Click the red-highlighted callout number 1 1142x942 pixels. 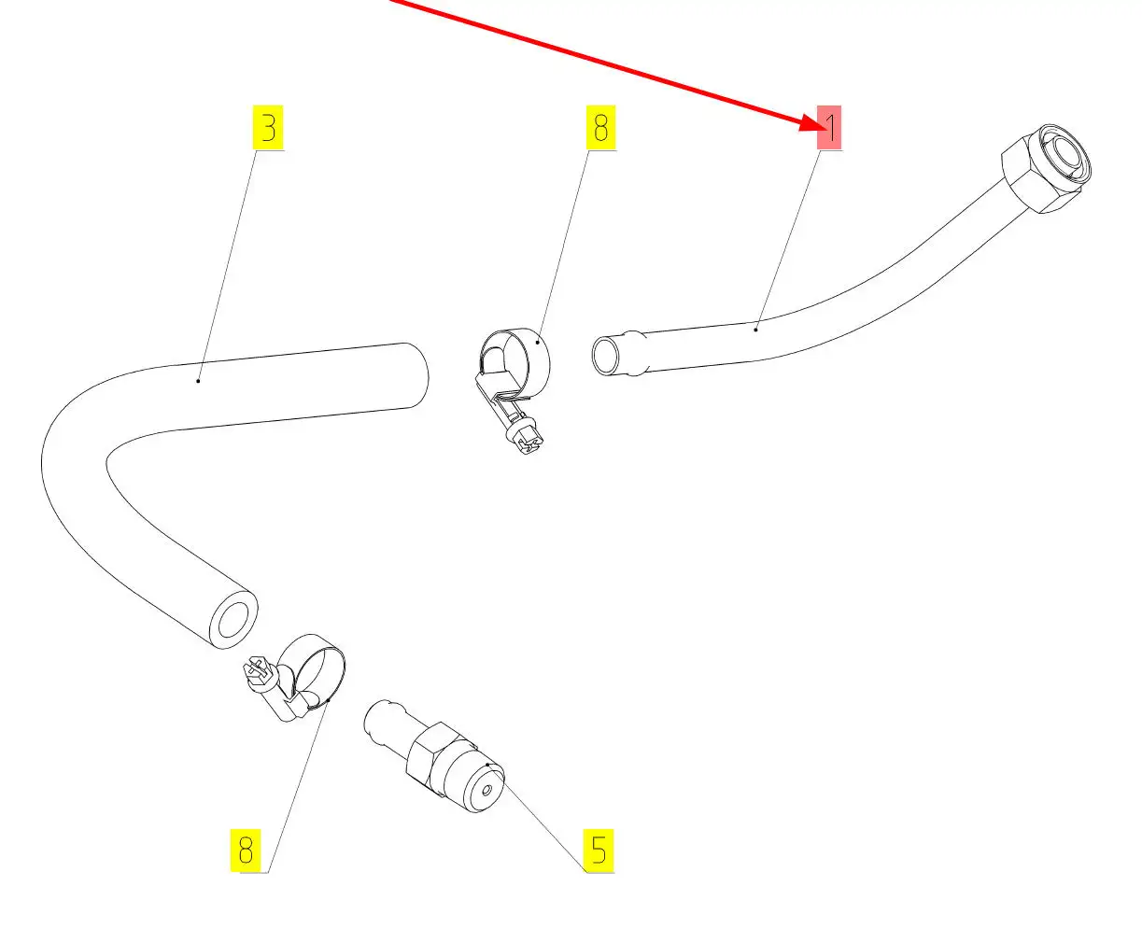[829, 127]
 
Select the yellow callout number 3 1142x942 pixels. [269, 127]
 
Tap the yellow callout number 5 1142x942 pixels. [599, 850]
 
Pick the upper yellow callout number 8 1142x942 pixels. [600, 127]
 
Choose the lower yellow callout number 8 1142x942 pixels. [245, 850]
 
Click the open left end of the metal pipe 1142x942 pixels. [605, 357]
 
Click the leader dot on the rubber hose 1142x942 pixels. [199, 380]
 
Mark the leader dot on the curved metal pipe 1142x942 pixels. [755, 328]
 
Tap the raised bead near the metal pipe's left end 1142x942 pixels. [635, 354]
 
